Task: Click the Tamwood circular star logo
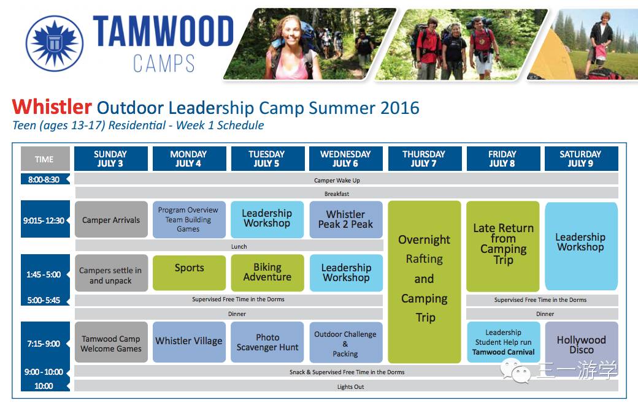(x=55, y=43)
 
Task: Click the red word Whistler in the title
(x=52, y=107)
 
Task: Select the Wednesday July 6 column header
(x=346, y=159)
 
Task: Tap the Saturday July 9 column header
(x=581, y=159)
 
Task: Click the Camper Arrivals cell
(x=111, y=220)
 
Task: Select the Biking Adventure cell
(x=267, y=273)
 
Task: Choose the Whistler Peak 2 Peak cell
(x=346, y=220)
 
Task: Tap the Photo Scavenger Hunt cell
(x=267, y=342)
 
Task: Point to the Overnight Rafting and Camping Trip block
(x=425, y=282)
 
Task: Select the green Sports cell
(x=189, y=273)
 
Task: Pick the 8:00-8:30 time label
(x=44, y=179)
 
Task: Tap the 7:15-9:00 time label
(x=44, y=344)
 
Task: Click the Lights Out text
(x=350, y=386)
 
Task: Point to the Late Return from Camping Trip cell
(x=503, y=246)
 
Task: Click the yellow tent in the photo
(x=552, y=55)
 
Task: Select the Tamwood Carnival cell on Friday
(x=504, y=342)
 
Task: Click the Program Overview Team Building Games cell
(x=189, y=220)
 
